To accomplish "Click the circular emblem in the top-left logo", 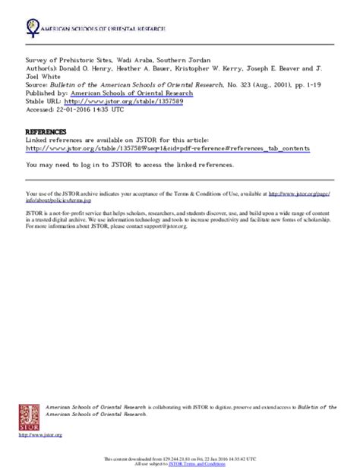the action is point(33,26).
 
